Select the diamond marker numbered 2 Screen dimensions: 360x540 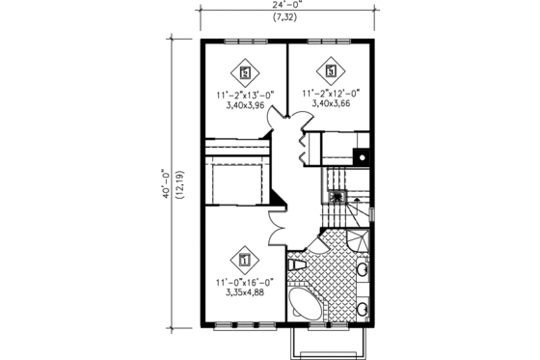coord(245,70)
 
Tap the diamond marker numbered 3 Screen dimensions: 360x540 coord(331,69)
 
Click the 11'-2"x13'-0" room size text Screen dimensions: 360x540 coord(245,95)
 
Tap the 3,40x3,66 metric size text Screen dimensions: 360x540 coord(331,104)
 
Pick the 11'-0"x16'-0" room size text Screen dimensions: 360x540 coord(244,281)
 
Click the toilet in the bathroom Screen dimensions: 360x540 coord(298,263)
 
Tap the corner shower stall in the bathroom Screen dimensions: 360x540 coord(358,235)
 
